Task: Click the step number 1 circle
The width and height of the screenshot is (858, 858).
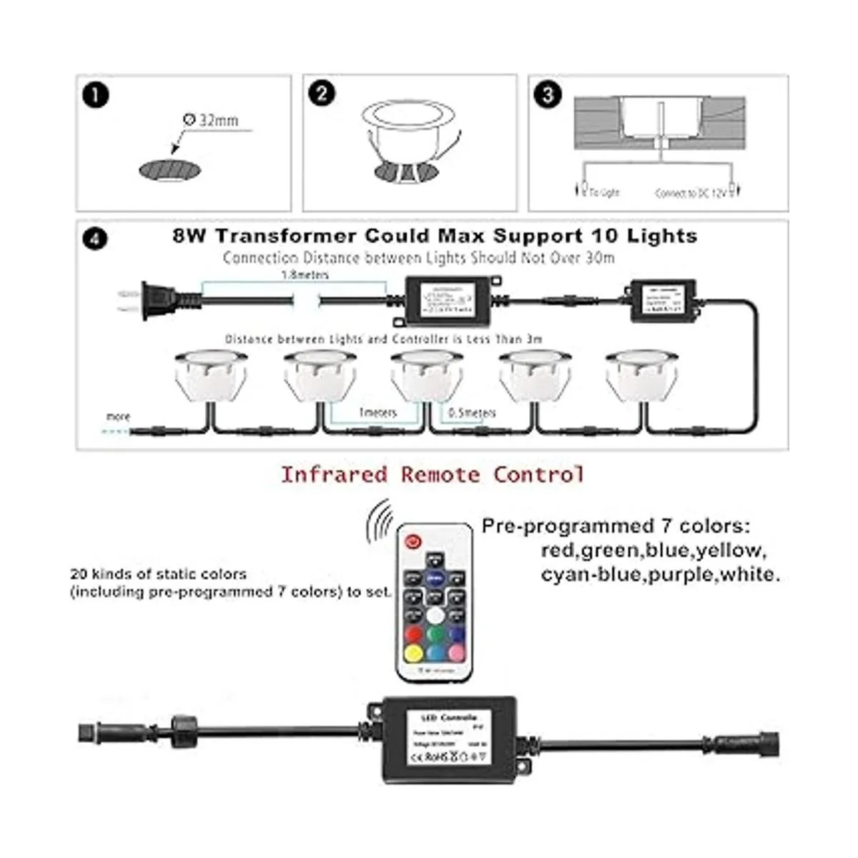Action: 96,95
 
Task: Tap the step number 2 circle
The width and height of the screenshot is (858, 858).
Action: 322,94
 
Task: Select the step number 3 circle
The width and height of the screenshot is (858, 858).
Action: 548,94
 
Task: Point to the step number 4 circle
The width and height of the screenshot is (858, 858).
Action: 96,237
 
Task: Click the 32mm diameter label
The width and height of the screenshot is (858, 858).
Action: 212,120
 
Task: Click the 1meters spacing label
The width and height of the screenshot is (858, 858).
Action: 377,413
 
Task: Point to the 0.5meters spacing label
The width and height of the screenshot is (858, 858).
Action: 471,413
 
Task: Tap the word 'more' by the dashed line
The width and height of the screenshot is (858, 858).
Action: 118,417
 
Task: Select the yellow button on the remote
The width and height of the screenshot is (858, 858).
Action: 413,652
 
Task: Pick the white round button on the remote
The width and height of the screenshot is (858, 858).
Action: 434,615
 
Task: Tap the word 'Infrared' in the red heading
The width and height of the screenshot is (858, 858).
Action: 334,474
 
